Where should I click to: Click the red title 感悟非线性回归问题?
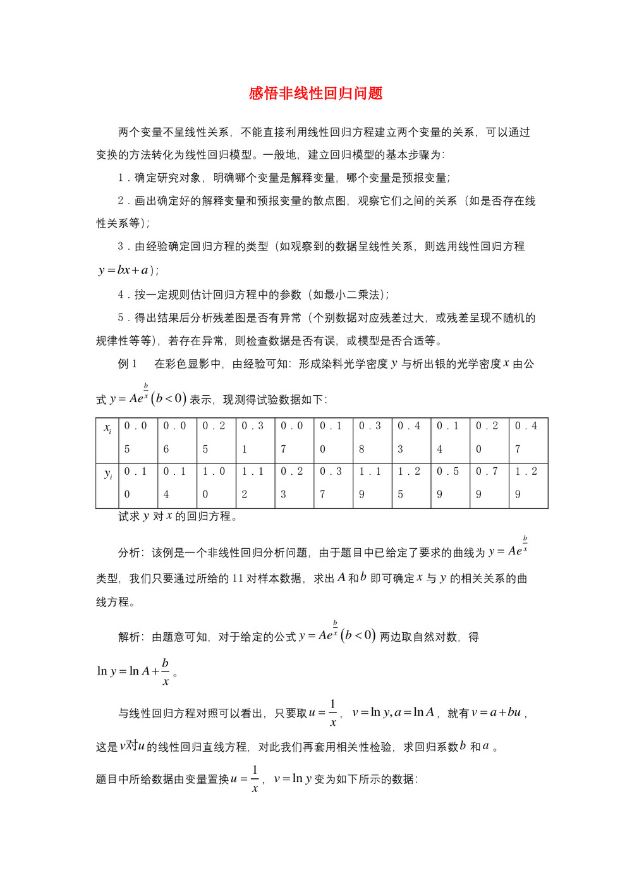[315, 94]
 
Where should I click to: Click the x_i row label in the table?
[107, 429]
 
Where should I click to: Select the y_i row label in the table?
[107, 474]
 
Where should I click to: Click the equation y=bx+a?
[124, 270]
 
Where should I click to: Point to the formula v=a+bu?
[499, 713]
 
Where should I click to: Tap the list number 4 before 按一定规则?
[121, 295]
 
